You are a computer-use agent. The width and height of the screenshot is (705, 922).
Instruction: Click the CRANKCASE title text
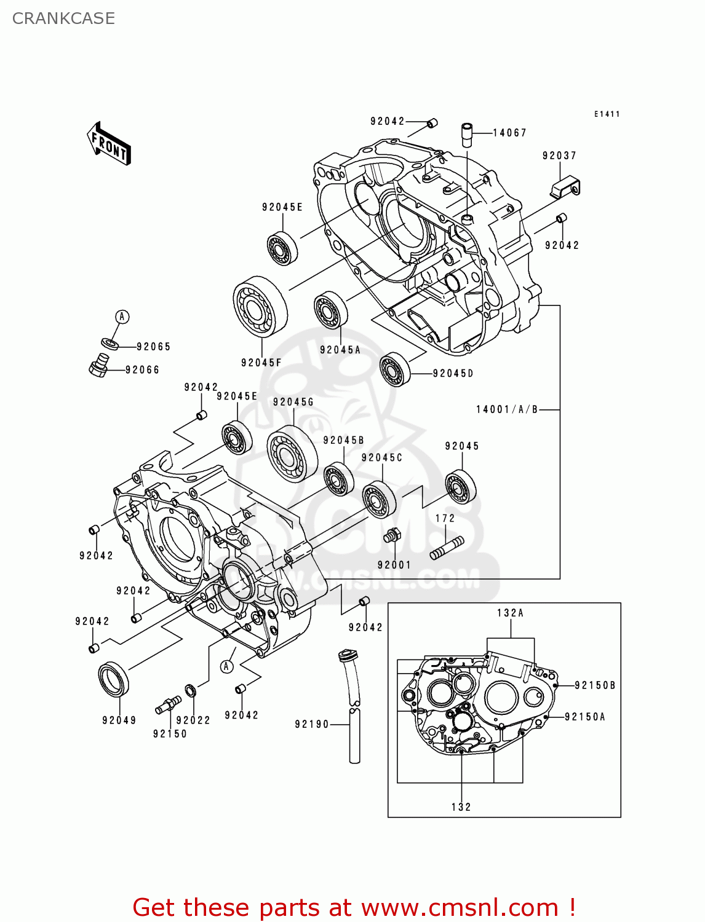(63, 18)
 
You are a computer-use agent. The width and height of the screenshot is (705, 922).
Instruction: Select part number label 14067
(509, 133)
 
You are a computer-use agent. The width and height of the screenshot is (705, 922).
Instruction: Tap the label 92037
(559, 156)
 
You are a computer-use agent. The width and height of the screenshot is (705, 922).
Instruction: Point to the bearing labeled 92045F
(260, 306)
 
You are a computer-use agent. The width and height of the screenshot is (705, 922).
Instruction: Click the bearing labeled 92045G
(292, 454)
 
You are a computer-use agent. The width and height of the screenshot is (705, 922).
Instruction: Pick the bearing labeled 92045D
(395, 370)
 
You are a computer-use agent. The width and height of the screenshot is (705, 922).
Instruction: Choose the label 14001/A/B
(507, 409)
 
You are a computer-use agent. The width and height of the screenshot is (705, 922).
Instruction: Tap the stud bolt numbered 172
(447, 548)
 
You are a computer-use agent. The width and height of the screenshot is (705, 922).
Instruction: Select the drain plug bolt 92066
(98, 367)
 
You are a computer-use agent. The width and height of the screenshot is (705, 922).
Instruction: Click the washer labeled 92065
(110, 343)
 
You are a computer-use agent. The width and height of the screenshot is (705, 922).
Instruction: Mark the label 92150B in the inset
(594, 685)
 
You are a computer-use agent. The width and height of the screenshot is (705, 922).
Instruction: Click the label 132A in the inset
(510, 613)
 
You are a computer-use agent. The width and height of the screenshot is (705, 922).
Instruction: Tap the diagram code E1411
(607, 114)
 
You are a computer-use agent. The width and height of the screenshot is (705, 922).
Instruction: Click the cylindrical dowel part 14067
(467, 135)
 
